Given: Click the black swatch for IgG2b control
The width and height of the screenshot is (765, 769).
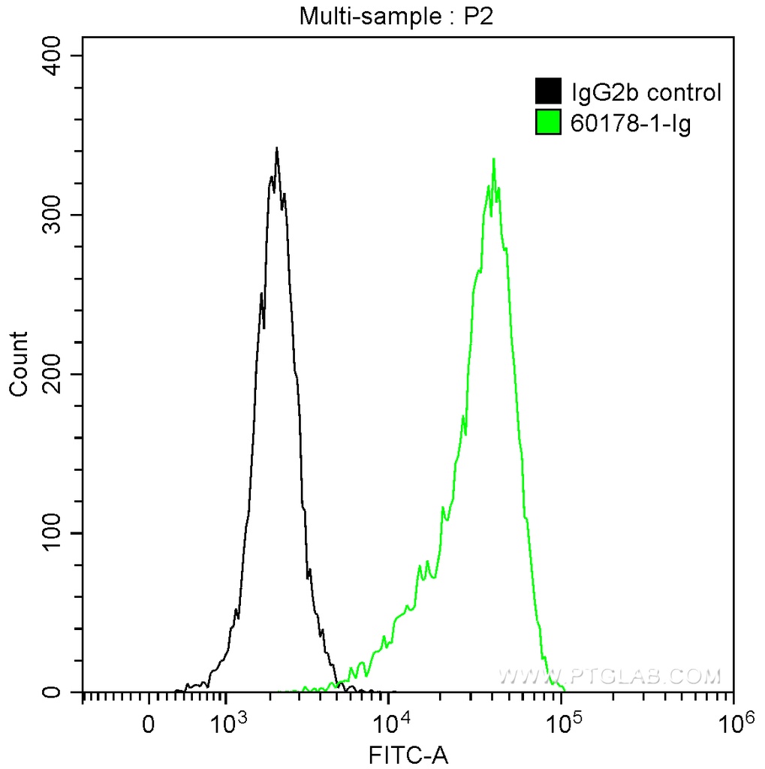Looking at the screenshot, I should pos(548,92).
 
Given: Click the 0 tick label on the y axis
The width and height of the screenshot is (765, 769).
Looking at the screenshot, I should pos(64,692).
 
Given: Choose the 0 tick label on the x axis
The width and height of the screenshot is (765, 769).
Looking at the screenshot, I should pos(149,725).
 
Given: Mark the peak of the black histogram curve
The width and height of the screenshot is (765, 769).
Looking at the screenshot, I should pos(276,149).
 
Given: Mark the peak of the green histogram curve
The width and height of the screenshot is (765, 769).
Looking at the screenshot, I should pos(493,159).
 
